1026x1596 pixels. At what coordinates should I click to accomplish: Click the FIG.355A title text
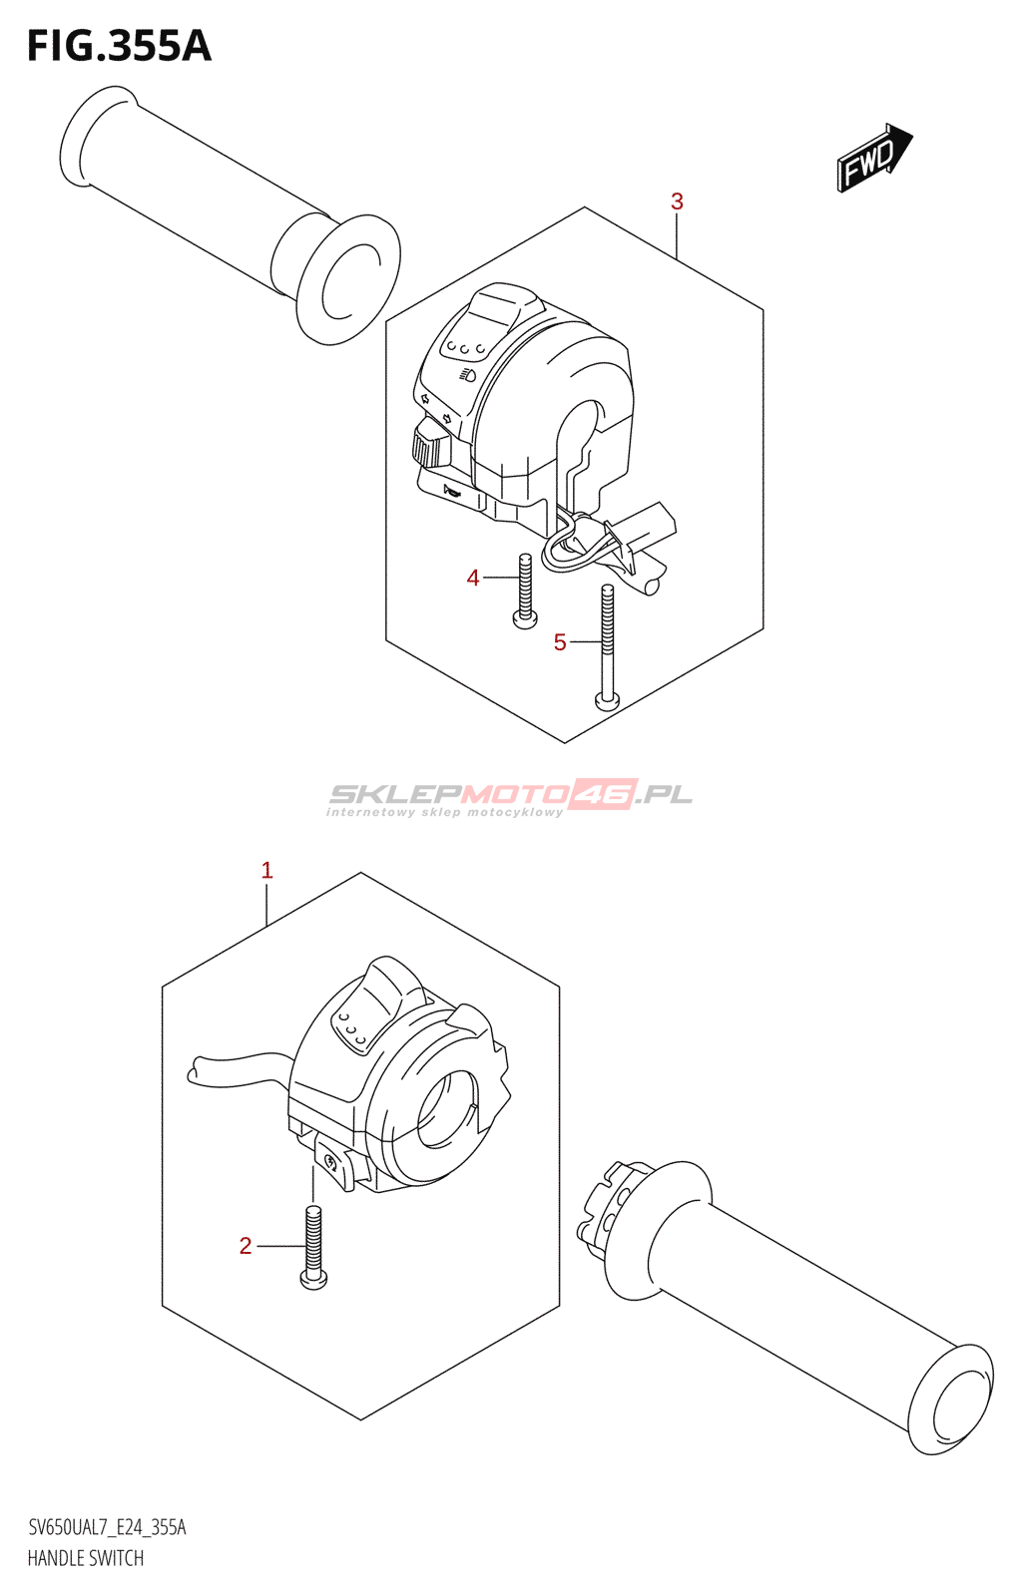[119, 46]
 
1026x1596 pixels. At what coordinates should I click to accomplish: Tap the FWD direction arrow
[873, 158]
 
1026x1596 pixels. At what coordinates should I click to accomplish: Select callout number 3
[677, 201]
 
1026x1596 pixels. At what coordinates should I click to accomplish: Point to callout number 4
[473, 578]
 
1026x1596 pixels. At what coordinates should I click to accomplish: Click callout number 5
[560, 642]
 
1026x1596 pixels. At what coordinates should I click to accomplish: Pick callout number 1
[266, 870]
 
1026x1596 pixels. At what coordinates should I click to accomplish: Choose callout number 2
[246, 1246]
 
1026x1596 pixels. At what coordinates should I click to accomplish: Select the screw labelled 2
[313, 1247]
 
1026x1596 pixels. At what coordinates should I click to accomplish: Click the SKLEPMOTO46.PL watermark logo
[509, 796]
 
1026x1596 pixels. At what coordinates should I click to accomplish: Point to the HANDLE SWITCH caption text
[86, 1558]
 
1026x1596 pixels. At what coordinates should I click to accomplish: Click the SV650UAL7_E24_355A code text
[107, 1527]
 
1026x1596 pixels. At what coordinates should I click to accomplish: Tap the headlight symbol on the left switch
[466, 375]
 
